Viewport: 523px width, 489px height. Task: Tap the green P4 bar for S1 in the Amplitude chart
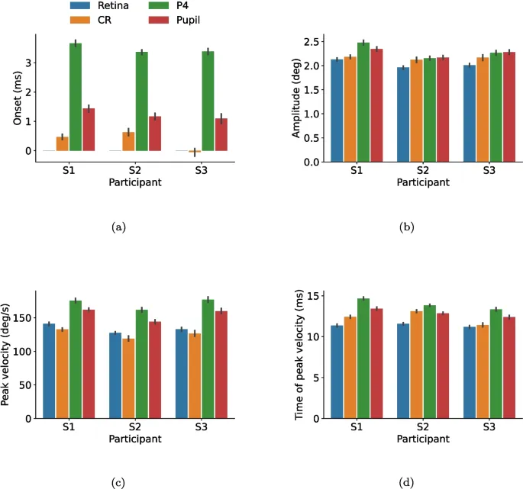point(364,102)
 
